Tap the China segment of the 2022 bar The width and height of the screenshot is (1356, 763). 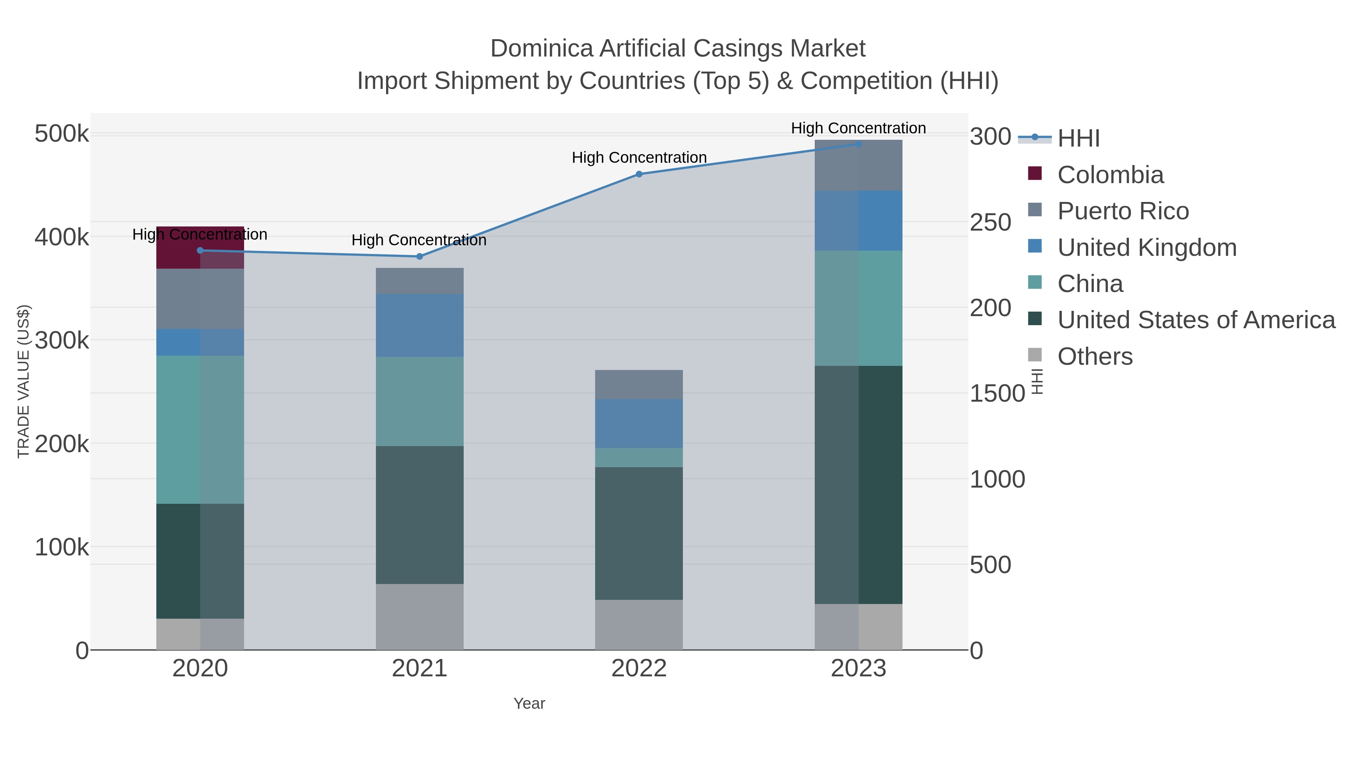(x=638, y=457)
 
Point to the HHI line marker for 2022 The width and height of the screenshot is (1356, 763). (x=638, y=174)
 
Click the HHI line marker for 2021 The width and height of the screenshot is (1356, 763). (x=420, y=257)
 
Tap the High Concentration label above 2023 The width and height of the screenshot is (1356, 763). (x=858, y=128)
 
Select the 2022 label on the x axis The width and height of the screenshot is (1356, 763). (x=638, y=669)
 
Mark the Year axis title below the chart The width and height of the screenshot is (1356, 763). (x=529, y=703)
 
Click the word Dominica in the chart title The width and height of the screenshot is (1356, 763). (x=542, y=49)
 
